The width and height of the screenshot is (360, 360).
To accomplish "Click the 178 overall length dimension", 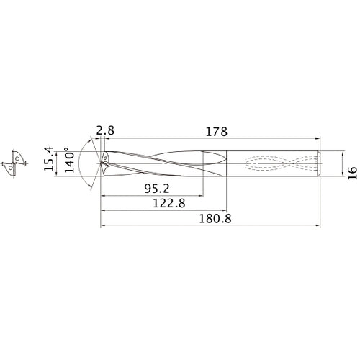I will [x=216, y=132].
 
